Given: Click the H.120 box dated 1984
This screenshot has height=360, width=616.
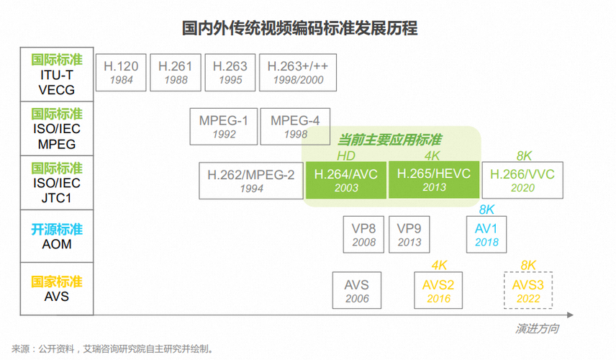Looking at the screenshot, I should (x=121, y=72).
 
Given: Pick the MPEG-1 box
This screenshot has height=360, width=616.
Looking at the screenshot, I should (x=223, y=127).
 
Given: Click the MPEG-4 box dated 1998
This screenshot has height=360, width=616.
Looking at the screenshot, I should (x=295, y=127).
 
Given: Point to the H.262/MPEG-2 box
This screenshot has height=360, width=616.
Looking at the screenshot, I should (x=251, y=180).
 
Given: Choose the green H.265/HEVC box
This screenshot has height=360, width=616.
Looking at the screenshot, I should (x=432, y=180).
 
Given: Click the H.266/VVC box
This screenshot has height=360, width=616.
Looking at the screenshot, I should (x=523, y=180).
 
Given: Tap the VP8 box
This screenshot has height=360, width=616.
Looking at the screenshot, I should (x=364, y=235).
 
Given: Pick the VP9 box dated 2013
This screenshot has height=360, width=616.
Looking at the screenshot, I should (x=409, y=235).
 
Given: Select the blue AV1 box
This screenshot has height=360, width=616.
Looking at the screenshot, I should (x=487, y=235).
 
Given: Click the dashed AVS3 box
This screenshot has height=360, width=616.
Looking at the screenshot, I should (x=528, y=290).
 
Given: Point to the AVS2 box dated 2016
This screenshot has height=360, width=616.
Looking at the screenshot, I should (x=438, y=290).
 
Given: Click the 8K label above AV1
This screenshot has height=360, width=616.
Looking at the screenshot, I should (x=487, y=210).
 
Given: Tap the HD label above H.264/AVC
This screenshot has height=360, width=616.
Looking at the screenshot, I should (x=346, y=155).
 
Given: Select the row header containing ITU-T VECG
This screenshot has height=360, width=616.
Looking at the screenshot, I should (x=57, y=74).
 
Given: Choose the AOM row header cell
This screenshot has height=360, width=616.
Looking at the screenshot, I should (x=57, y=236).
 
